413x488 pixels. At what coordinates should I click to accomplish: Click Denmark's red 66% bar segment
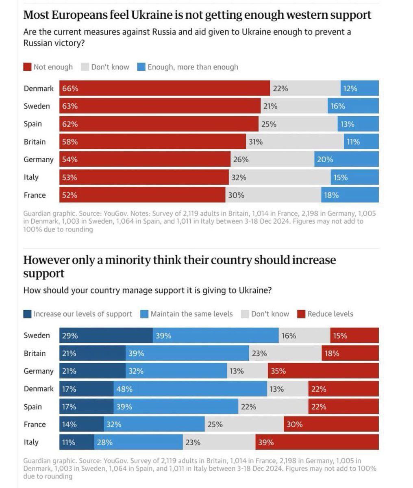click(x=165, y=88)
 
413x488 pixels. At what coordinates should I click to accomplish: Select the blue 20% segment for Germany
click(x=346, y=159)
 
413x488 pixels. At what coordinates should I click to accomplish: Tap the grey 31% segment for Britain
click(x=295, y=142)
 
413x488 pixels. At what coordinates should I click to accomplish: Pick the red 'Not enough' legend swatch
click(x=28, y=67)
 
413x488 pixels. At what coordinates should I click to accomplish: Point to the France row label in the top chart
click(x=35, y=195)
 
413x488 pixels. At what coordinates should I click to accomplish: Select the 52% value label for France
click(x=70, y=195)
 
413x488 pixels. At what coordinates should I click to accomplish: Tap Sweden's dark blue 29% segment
click(x=106, y=335)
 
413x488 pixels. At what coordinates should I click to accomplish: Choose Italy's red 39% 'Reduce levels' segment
click(x=317, y=442)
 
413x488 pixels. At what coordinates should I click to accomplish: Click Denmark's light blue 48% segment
click(x=190, y=389)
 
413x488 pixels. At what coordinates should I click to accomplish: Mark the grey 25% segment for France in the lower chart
click(x=244, y=424)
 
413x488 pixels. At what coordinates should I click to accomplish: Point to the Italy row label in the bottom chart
click(x=31, y=442)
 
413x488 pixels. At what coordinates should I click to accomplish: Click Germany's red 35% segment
click(x=323, y=371)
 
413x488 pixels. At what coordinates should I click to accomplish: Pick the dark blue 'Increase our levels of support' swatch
click(x=28, y=314)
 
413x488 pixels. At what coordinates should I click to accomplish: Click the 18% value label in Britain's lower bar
click(x=332, y=353)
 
